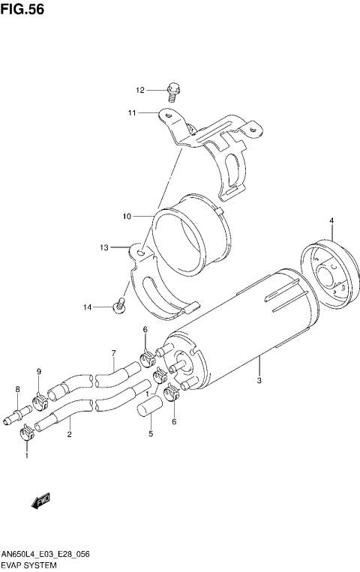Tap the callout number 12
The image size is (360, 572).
(140, 90)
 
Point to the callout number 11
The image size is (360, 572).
(131, 113)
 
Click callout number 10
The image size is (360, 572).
(127, 216)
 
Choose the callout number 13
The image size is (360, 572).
(104, 247)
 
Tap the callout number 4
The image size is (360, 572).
(331, 220)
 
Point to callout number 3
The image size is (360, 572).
(259, 382)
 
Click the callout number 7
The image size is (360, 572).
(113, 353)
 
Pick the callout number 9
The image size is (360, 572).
(38, 372)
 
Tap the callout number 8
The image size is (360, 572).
(17, 388)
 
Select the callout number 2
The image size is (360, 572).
(69, 434)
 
